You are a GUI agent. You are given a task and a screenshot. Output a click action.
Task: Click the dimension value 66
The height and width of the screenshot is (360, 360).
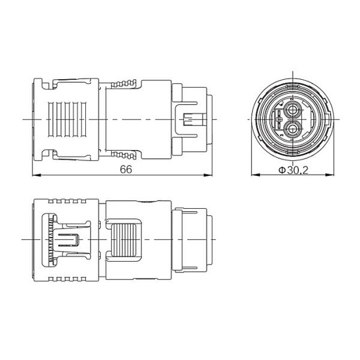(126, 169)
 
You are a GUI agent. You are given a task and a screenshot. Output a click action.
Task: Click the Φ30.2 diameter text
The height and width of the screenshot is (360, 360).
(293, 170)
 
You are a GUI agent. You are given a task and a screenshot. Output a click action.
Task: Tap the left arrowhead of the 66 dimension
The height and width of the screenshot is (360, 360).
(37, 175)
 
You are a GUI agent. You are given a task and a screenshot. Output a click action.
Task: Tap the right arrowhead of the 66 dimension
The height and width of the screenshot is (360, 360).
(208, 175)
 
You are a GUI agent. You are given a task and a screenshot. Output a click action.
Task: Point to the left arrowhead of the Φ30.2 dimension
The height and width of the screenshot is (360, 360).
(256, 175)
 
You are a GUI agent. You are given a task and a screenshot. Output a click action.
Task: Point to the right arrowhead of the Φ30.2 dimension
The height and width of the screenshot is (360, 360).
(330, 175)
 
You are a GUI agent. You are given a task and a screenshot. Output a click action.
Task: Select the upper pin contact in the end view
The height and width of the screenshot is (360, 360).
(292, 110)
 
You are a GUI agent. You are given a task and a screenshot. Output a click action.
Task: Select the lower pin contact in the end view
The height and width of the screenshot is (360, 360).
(292, 129)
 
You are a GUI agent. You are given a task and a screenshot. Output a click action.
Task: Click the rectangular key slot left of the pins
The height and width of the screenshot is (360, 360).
(279, 119)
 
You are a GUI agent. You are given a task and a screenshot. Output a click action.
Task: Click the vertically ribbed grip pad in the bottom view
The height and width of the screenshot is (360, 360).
(124, 239)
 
